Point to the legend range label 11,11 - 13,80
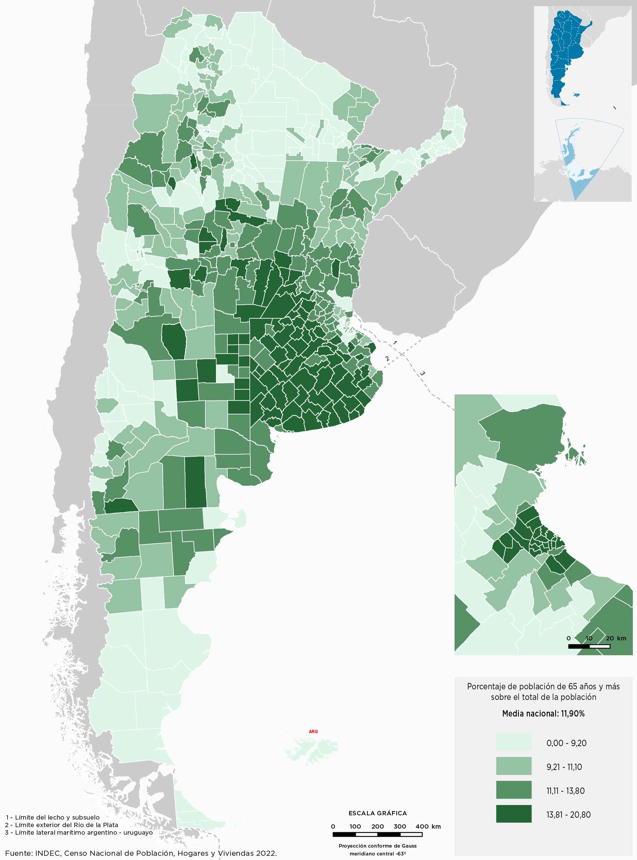tap(565, 791)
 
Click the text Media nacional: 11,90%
tap(543, 713)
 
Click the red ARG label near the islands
tap(313, 732)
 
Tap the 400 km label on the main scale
tap(428, 826)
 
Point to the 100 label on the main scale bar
tap(355, 826)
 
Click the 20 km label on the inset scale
tap(616, 638)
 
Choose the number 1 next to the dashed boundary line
tap(394, 343)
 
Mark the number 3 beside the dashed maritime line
tap(422, 373)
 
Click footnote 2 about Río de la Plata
tap(62, 825)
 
